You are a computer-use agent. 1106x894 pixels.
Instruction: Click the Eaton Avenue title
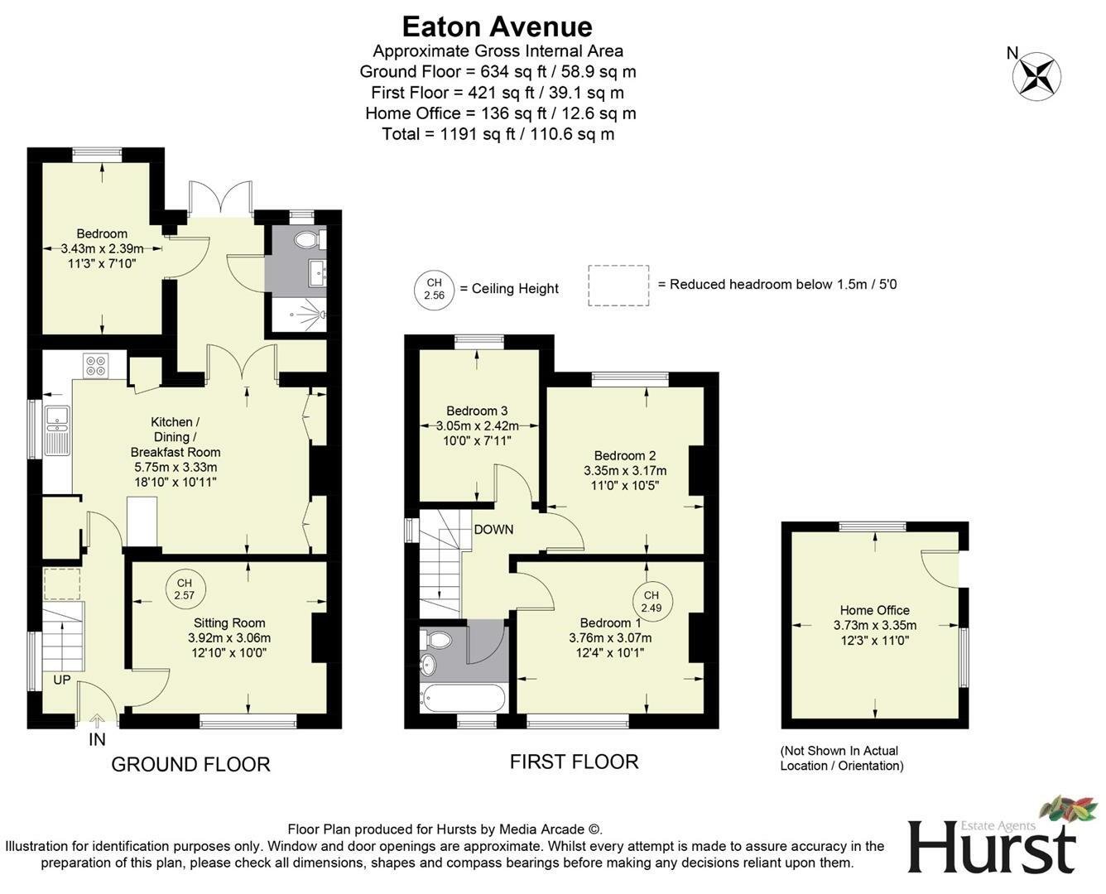497,26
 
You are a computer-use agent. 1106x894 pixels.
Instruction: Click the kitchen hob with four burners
95,365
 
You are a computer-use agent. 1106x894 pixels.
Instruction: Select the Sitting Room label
229,623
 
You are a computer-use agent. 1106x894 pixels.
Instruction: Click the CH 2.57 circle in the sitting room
184,589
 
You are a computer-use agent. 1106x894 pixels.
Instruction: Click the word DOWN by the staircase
493,530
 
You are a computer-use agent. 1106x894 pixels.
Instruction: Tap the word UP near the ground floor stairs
62,680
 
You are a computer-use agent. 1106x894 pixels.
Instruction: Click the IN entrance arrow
97,728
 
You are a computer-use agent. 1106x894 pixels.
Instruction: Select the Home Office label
874,610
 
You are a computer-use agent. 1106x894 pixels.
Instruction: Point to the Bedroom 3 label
477,411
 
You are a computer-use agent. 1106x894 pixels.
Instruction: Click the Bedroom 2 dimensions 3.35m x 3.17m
624,470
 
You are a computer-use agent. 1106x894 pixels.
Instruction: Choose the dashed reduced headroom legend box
618,285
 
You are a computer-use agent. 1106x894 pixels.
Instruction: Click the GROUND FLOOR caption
190,764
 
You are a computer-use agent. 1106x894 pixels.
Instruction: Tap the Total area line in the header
498,134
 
